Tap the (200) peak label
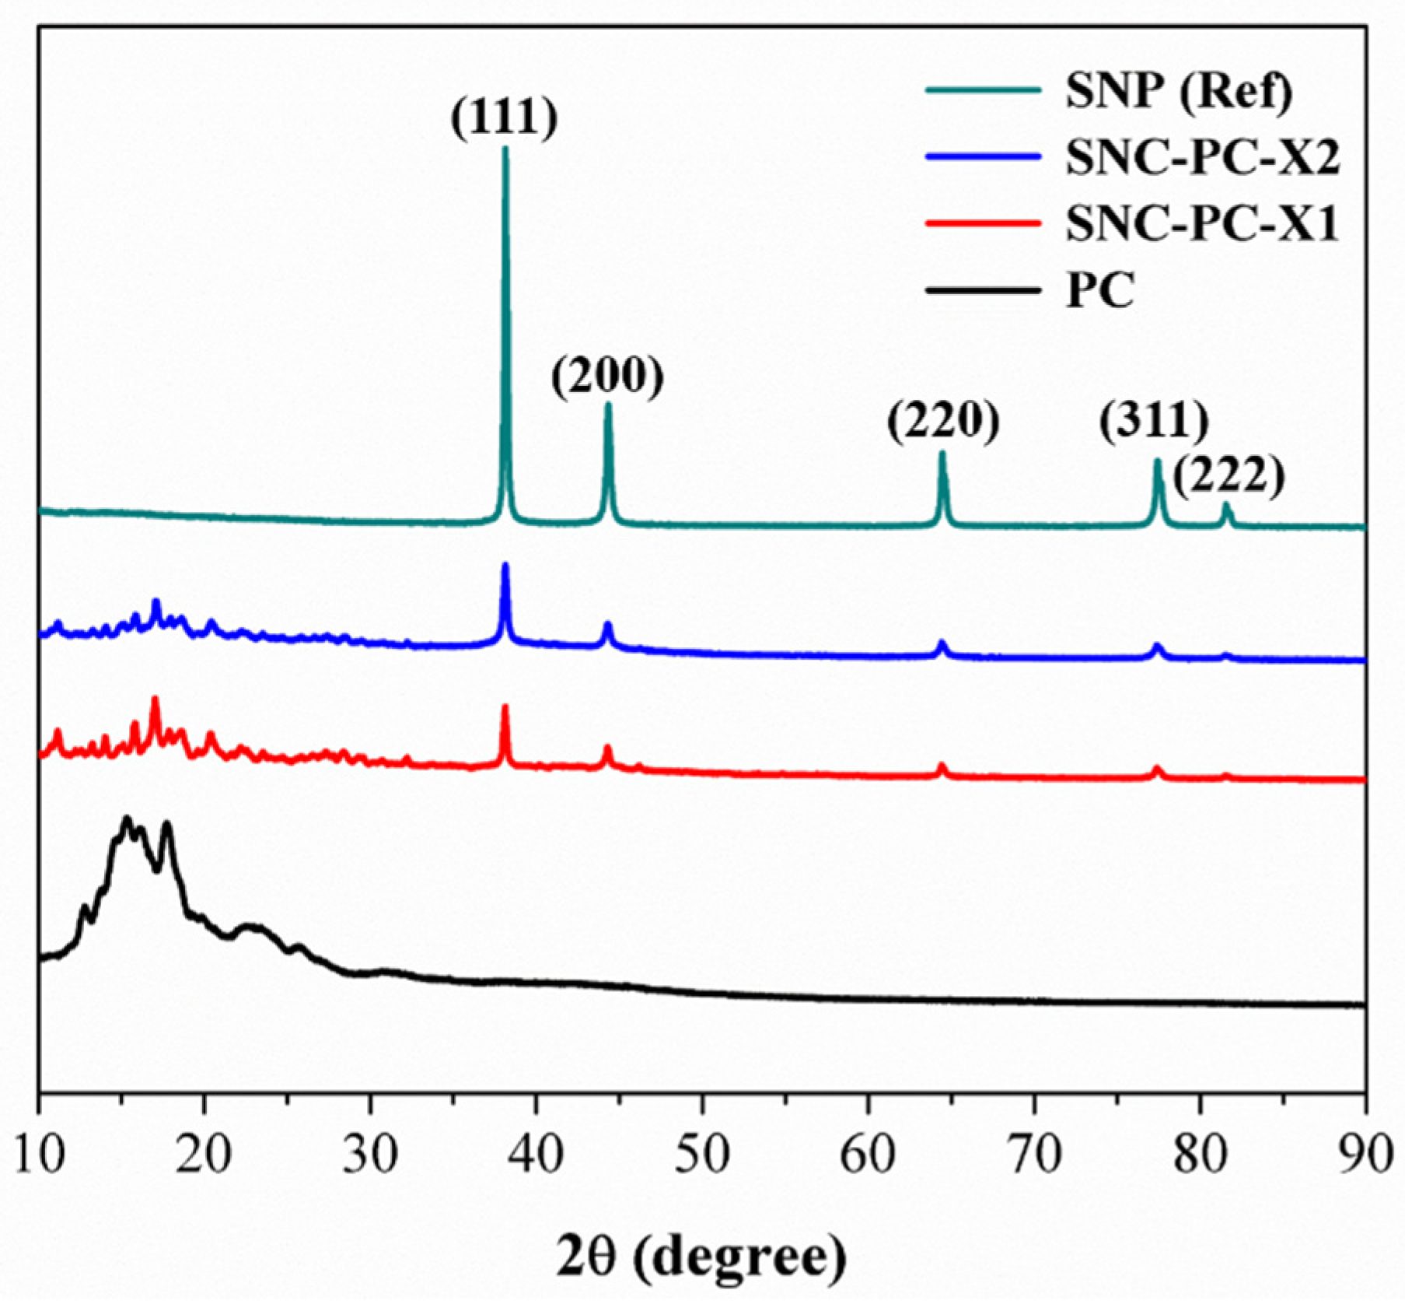(608, 377)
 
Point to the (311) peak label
(1155, 422)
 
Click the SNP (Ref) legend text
(1179, 93)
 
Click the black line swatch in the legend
(983, 291)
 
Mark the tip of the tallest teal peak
(505, 149)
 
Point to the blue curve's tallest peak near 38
(505, 566)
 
